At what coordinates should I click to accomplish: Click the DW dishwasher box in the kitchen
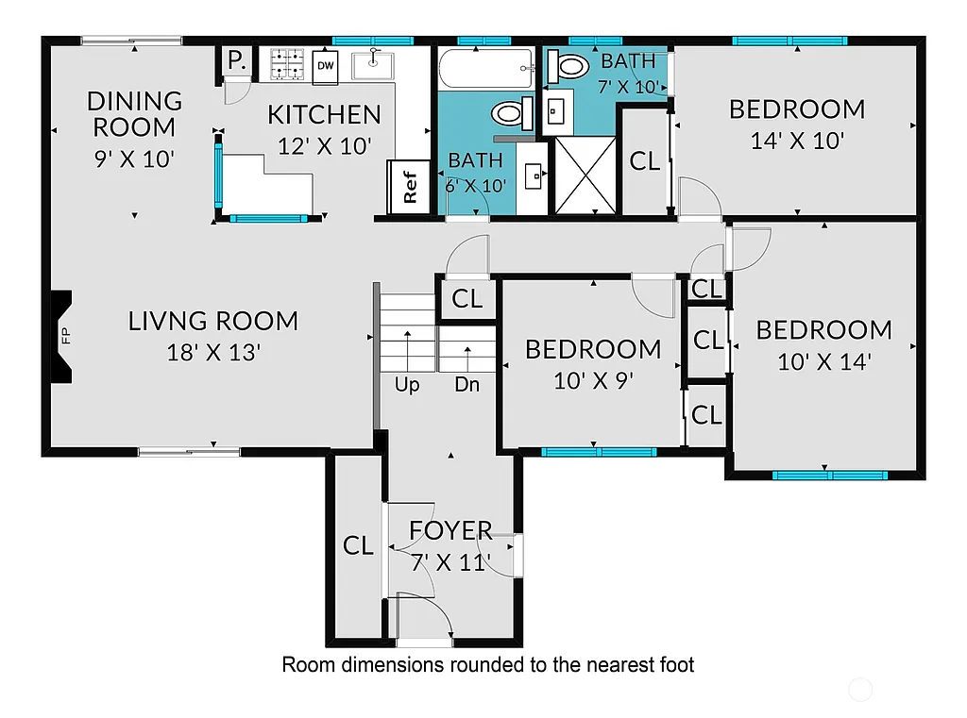click(x=326, y=65)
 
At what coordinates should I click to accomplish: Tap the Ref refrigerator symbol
click(x=410, y=186)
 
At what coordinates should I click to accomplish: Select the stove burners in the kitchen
click(x=285, y=64)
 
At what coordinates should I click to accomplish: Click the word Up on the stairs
click(x=407, y=385)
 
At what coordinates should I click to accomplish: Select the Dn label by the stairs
click(x=467, y=385)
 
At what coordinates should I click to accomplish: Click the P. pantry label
click(x=234, y=60)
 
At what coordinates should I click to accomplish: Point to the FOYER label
click(x=450, y=531)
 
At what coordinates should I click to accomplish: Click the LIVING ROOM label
click(x=213, y=321)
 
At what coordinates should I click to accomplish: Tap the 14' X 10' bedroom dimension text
click(x=796, y=142)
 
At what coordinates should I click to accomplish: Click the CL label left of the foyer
click(x=358, y=545)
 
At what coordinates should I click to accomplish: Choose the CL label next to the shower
click(x=645, y=160)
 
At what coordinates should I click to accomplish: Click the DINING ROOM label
click(x=135, y=113)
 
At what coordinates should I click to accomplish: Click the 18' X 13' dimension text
click(x=213, y=353)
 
